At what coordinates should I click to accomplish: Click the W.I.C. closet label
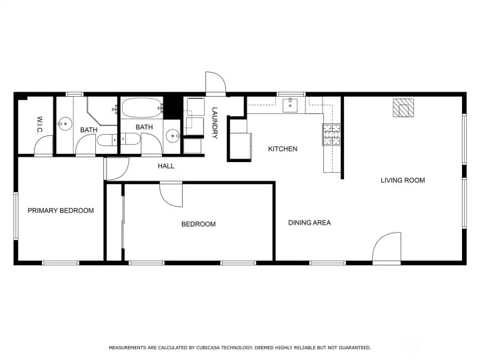(39, 125)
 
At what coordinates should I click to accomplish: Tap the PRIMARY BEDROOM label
(61, 211)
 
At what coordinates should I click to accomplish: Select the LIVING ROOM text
(403, 180)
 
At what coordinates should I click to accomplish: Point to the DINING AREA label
(309, 223)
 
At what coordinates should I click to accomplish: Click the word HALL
(166, 166)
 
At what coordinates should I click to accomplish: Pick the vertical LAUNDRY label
(215, 123)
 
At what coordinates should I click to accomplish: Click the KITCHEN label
(283, 149)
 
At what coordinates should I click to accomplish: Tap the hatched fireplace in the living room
(403, 108)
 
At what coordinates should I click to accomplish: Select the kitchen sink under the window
(290, 105)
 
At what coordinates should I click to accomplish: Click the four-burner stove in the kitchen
(331, 135)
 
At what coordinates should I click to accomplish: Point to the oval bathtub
(142, 107)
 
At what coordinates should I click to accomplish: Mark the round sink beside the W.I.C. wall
(65, 124)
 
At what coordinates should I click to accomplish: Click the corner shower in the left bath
(102, 111)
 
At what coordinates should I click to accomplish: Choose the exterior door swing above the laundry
(215, 83)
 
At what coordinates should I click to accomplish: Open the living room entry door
(387, 248)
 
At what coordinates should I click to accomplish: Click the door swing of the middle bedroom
(171, 195)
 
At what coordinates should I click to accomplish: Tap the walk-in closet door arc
(43, 146)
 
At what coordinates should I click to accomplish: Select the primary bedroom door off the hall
(116, 169)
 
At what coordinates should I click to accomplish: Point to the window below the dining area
(327, 263)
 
